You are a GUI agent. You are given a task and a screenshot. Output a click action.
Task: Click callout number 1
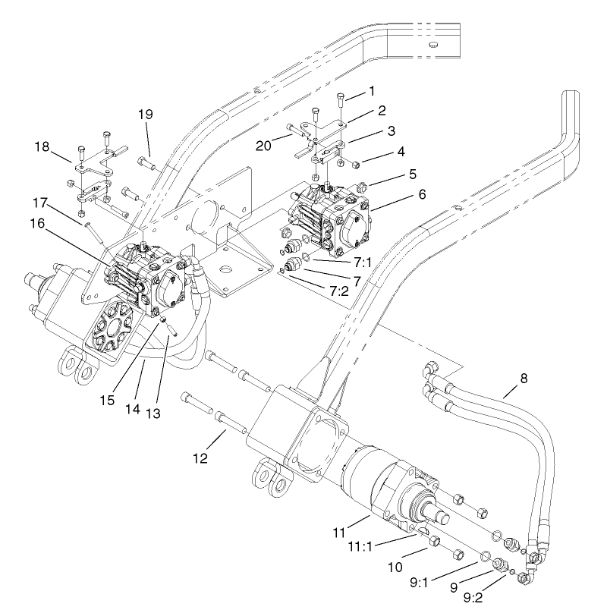[x=372, y=90]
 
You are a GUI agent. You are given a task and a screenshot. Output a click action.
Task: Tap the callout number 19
[x=145, y=114]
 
